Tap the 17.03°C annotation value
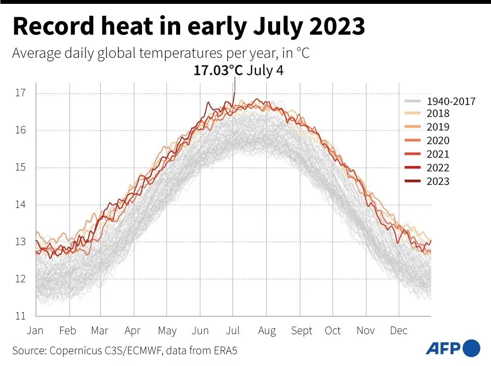pyautogui.click(x=218, y=71)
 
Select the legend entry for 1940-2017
pyautogui.click(x=451, y=101)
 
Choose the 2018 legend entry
pyautogui.click(x=438, y=114)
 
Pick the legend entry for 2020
pyautogui.click(x=438, y=141)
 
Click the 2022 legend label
pyautogui.click(x=438, y=168)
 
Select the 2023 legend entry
pyautogui.click(x=438, y=181)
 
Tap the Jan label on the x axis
pyautogui.click(x=35, y=331)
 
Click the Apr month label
pyautogui.click(x=132, y=331)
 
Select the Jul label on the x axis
pyautogui.click(x=233, y=331)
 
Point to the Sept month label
pyautogui.click(x=301, y=331)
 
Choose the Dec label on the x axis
pyautogui.click(x=399, y=331)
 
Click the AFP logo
pyautogui.click(x=453, y=348)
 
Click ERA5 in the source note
pyautogui.click(x=224, y=351)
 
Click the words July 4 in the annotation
pyautogui.click(x=265, y=71)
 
